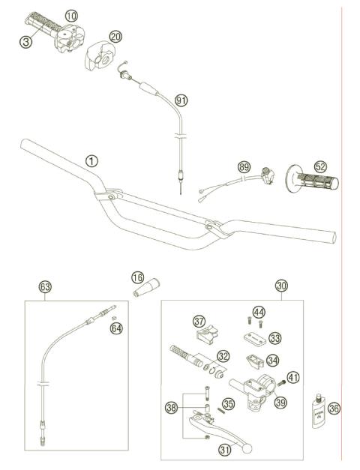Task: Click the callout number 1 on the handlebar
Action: [91, 160]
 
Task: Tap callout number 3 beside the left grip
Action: [25, 42]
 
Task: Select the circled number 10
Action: [70, 16]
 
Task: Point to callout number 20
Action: [115, 36]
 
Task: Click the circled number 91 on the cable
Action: [180, 100]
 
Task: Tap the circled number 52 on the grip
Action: [300, 168]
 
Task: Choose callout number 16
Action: [137, 278]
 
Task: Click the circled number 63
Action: [45, 286]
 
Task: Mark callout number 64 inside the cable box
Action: [116, 328]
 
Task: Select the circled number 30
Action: [281, 286]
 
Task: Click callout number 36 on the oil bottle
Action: [334, 408]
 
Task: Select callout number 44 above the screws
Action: [258, 311]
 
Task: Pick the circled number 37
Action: [199, 322]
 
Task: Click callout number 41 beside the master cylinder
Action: [293, 377]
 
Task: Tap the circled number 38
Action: [172, 407]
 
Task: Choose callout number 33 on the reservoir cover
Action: [274, 338]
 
